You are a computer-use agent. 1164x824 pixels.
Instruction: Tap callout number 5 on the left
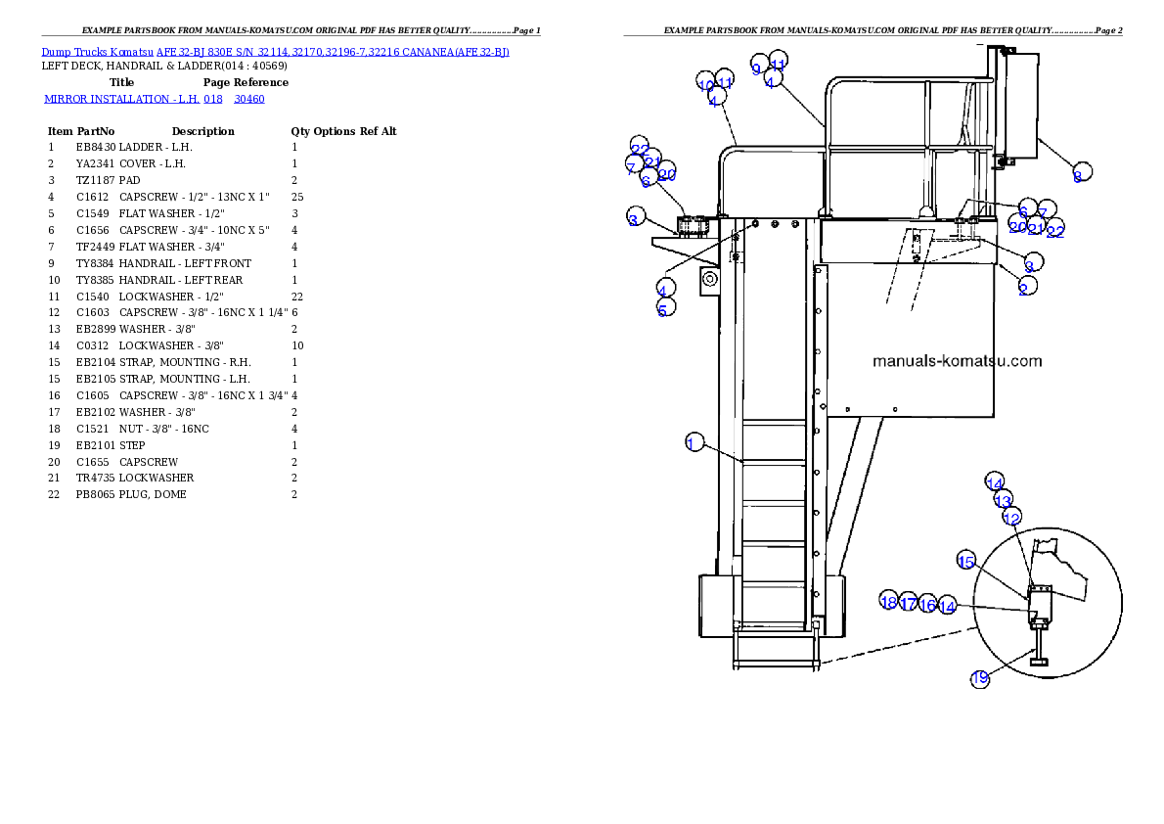664,308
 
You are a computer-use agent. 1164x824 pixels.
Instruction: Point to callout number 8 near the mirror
1079,173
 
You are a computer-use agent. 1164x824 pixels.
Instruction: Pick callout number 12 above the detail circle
1012,517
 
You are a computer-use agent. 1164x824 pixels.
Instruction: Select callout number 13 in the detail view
1003,500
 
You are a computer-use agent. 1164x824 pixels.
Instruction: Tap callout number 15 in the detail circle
966,561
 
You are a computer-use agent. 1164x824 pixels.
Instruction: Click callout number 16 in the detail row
927,606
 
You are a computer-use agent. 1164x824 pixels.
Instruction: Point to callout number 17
909,603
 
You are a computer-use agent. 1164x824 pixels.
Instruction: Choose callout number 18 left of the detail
888,601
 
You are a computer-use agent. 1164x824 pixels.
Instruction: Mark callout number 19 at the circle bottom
980,677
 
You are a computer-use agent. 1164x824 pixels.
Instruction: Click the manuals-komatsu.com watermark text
957,361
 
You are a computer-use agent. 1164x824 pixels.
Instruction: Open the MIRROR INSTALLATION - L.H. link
154,99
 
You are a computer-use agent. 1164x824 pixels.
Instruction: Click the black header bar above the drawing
873,35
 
